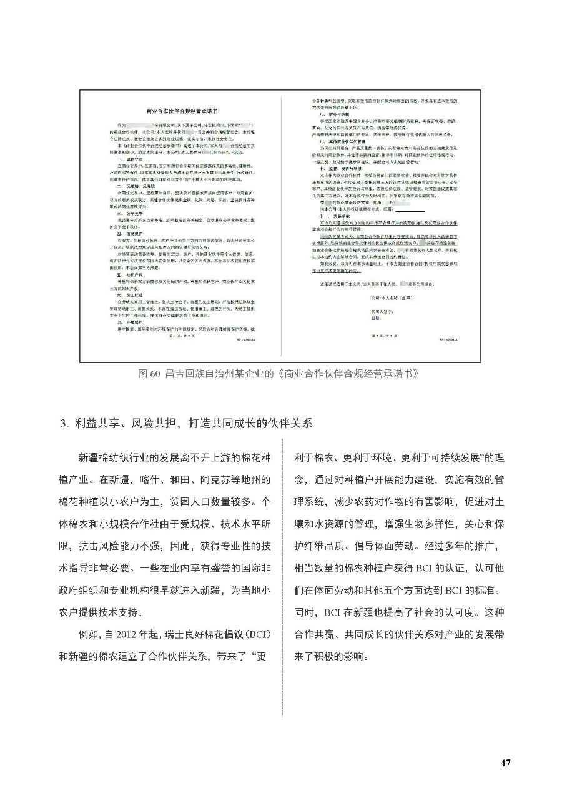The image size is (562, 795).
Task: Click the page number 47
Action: (506, 762)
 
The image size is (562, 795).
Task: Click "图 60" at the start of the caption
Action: (149, 374)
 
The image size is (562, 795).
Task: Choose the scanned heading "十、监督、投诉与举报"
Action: (338, 168)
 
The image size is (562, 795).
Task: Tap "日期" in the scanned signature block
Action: (376, 317)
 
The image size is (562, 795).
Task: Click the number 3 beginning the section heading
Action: (63, 422)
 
